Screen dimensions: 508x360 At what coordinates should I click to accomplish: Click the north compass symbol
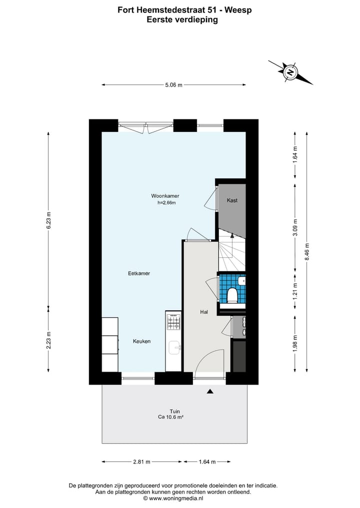click(x=290, y=72)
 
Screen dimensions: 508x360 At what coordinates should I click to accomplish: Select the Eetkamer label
click(x=139, y=273)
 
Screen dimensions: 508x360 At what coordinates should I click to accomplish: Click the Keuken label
click(x=141, y=341)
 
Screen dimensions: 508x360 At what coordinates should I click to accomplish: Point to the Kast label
click(x=232, y=200)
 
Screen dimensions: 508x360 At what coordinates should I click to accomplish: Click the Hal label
click(x=204, y=312)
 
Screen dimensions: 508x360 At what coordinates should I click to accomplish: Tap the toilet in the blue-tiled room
click(x=232, y=295)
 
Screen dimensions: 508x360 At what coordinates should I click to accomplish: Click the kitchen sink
click(x=173, y=347)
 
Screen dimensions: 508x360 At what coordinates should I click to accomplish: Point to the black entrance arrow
click(x=210, y=392)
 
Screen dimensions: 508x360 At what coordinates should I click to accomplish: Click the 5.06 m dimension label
click(x=173, y=85)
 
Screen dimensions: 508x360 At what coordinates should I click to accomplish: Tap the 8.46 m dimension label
click(x=307, y=252)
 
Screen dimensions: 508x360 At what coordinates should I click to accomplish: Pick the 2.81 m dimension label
click(x=142, y=462)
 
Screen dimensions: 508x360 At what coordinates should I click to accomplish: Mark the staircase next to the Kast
click(x=231, y=255)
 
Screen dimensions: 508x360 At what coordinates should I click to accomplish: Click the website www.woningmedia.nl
click(x=176, y=498)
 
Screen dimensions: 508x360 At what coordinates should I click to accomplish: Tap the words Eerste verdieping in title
click(x=182, y=20)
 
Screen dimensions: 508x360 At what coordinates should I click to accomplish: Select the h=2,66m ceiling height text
click(x=166, y=203)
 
